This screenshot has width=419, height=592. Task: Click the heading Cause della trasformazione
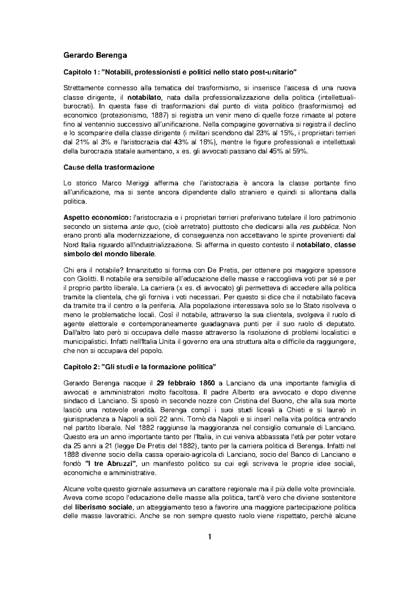click(108, 167)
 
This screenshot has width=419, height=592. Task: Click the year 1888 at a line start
click(71, 455)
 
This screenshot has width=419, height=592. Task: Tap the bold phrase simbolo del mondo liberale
click(109, 254)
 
